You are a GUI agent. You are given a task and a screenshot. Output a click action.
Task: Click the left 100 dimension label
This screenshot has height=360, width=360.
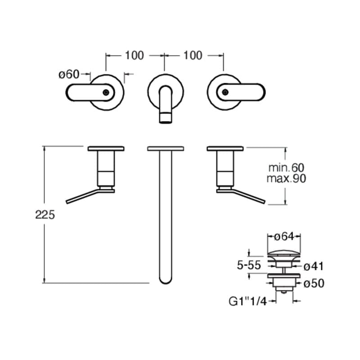(x=134, y=55)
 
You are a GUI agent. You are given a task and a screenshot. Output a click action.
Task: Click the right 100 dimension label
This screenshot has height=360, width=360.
(x=193, y=55)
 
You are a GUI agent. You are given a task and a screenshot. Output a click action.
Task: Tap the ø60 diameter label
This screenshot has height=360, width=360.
(x=69, y=74)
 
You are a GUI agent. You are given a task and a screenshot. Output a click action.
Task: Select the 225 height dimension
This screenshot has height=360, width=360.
(x=45, y=215)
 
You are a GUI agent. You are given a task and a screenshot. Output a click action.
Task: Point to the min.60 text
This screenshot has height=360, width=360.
(x=286, y=168)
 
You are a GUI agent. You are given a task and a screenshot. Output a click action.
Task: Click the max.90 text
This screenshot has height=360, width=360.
(x=286, y=178)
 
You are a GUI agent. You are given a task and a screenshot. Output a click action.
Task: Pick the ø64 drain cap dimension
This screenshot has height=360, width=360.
(x=284, y=237)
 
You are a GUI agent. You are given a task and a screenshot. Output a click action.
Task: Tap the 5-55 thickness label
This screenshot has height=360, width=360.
(x=249, y=265)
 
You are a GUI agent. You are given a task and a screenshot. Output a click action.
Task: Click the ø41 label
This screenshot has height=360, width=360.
(x=314, y=266)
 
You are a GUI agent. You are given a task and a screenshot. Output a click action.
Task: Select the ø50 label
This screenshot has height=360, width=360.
(x=314, y=283)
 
